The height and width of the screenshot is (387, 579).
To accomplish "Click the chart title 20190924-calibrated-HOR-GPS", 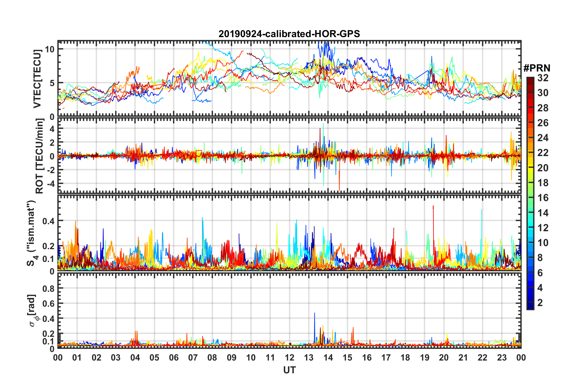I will (289, 34).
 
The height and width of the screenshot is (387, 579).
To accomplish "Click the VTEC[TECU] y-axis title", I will (37, 79).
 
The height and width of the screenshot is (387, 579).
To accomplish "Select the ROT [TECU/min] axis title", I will (40, 156).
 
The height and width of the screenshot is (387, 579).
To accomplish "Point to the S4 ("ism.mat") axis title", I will (32, 233).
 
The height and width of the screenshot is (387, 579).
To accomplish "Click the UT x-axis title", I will (289, 370).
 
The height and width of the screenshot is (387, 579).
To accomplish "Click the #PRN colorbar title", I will (537, 68).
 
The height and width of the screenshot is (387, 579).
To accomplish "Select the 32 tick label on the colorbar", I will (543, 78).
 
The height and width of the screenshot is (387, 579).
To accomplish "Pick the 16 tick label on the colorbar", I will (543, 198).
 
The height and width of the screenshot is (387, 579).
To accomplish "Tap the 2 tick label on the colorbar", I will (540, 302).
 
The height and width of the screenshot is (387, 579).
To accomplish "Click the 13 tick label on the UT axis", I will (309, 357).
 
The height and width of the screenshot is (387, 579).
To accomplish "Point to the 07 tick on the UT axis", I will (193, 357).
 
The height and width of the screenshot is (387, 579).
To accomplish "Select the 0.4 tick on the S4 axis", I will (48, 221).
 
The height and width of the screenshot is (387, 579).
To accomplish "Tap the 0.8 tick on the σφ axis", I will (48, 288).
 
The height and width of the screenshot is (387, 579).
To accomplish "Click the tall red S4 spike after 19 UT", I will (433, 207).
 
